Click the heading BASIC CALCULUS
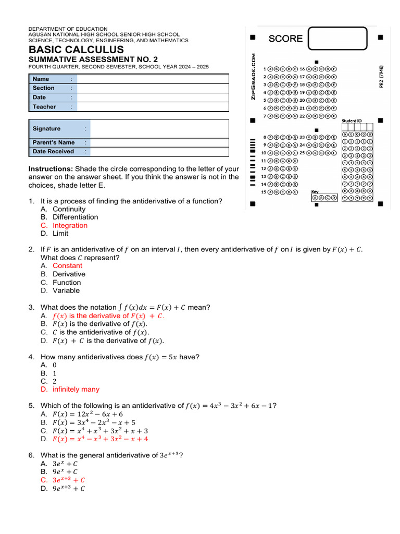76,50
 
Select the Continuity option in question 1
69,209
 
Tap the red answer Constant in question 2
67,265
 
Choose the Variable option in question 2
66,290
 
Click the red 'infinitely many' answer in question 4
76,389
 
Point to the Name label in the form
41,79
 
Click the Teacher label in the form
44,106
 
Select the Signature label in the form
46,128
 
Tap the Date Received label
53,151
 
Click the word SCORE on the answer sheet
285,39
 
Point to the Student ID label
352,120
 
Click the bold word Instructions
51,169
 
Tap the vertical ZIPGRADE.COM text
253,77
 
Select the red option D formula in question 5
100,439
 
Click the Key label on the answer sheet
315,192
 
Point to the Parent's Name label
53,142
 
